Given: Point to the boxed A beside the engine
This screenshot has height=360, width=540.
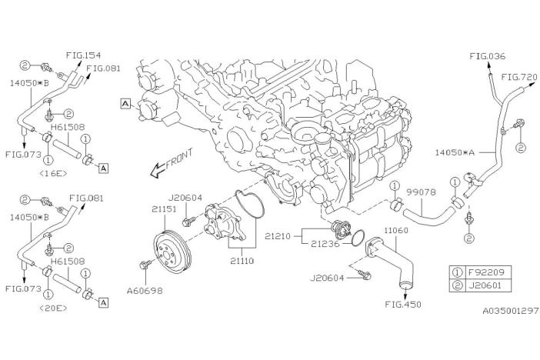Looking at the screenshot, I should [123, 102].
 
